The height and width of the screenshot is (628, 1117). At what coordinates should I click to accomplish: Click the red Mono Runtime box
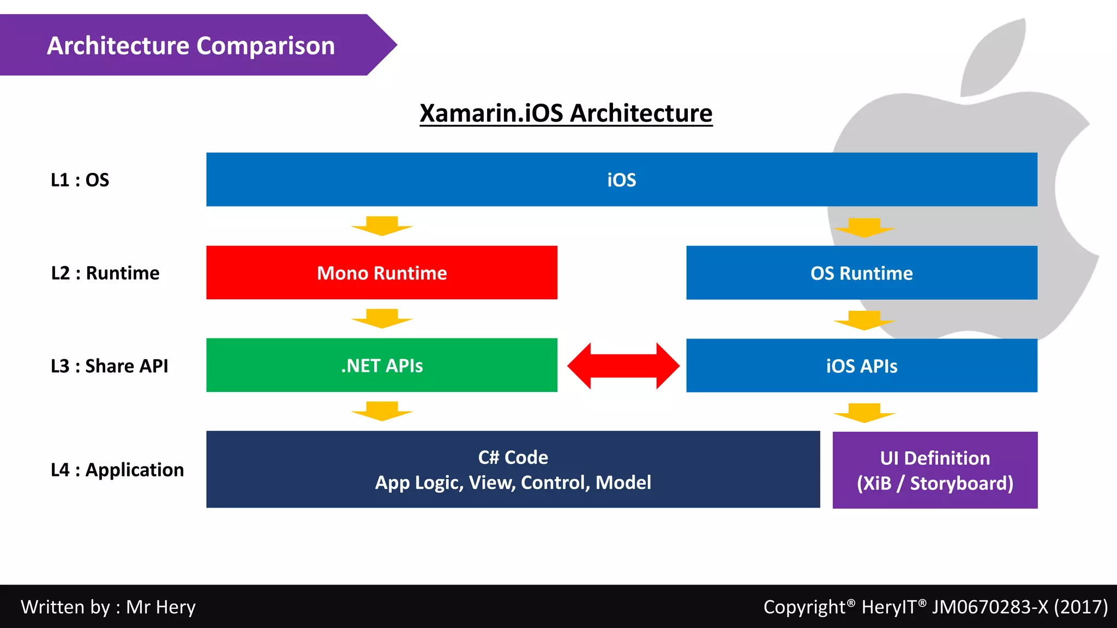[x=382, y=273]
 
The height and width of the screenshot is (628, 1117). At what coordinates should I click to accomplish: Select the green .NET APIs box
[x=382, y=365]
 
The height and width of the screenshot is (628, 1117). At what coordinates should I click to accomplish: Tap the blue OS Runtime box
[x=862, y=273]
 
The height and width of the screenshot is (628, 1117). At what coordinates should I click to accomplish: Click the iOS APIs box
[x=862, y=366]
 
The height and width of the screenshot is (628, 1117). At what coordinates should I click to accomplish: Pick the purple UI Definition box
[x=935, y=470]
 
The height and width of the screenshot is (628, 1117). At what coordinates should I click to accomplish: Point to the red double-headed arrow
[x=623, y=366]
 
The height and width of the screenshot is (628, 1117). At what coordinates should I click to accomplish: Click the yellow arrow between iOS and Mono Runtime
[x=382, y=226]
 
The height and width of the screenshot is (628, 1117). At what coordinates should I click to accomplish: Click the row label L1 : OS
[x=80, y=180]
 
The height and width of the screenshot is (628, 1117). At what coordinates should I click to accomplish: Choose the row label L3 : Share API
[x=109, y=366]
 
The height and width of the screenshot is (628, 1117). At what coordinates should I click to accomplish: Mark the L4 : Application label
[x=117, y=469]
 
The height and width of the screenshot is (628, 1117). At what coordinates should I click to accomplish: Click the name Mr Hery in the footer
[x=161, y=607]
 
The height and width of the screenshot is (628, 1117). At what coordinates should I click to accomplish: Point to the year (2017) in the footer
[x=1080, y=607]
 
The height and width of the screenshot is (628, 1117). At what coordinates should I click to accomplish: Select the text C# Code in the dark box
[x=513, y=457]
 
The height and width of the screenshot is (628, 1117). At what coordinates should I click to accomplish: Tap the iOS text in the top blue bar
[x=622, y=180]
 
